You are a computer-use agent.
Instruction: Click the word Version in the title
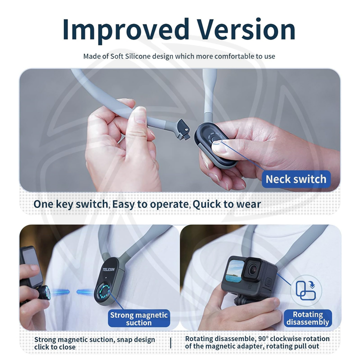coord(246,29)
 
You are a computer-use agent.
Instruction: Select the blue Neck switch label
coord(296,179)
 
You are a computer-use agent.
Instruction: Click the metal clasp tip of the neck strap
coord(183,130)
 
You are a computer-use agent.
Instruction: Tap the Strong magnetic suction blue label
coord(139,318)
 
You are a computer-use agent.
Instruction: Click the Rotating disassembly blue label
coord(307,318)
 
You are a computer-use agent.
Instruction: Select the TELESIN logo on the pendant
coord(108,269)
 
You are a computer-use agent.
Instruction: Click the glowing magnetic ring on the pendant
coord(104,291)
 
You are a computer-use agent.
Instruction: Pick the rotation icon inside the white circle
coord(306,290)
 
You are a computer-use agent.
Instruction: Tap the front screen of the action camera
coord(234,271)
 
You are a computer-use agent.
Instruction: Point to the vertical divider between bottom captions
coord(170,343)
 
